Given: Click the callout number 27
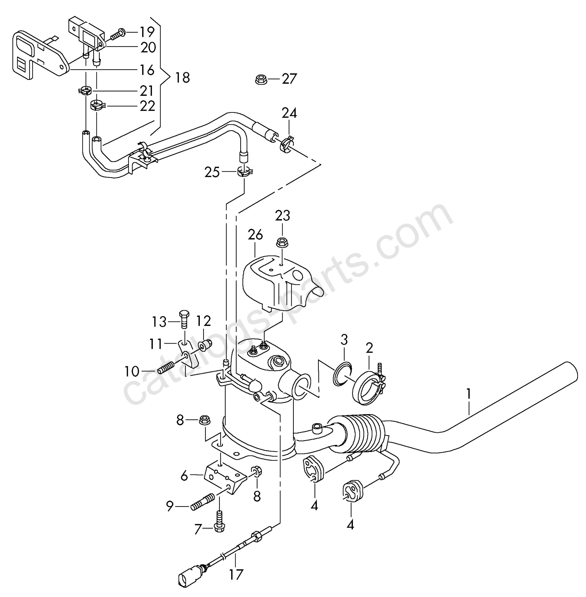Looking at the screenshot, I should pos(289,79).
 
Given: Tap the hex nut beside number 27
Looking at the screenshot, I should pos(260,80).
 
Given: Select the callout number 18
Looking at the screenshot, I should pos(182,77).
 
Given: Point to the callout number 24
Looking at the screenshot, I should pos(289,113).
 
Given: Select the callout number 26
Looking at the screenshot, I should pos(255,235).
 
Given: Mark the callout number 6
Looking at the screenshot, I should pos(185,476).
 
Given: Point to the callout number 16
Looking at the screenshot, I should pos(147,70).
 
